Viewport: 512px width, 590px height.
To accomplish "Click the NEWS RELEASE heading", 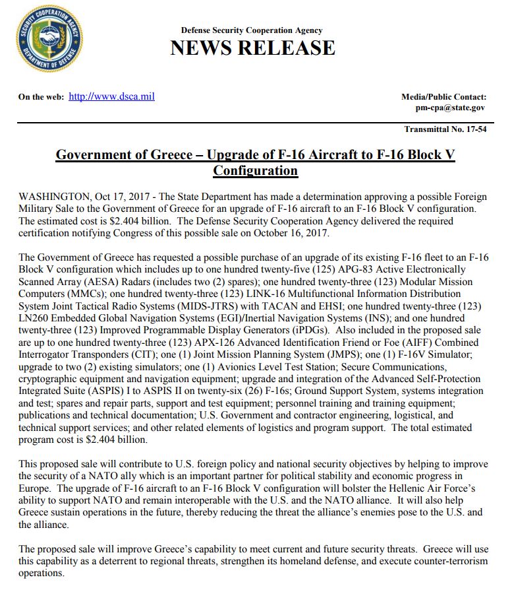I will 252,48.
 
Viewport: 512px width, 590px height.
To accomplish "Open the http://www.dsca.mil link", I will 111,96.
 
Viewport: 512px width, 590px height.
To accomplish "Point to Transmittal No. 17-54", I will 445,129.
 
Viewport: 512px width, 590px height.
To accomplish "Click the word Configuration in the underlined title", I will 255,171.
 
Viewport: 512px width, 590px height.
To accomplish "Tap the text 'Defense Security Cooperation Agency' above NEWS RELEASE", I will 252,30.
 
